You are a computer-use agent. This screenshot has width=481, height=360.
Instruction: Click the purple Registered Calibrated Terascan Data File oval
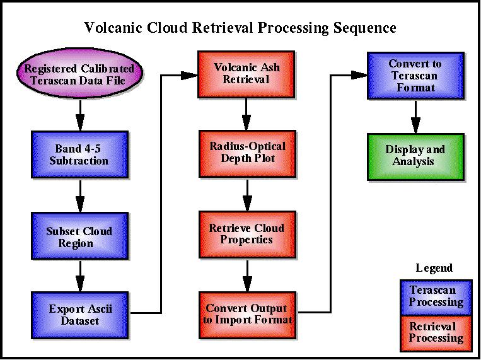(80, 74)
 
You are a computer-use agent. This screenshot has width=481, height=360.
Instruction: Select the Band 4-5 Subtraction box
(80, 154)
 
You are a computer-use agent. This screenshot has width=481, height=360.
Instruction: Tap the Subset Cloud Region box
(80, 236)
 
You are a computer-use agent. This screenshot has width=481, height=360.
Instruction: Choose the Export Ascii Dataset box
(80, 315)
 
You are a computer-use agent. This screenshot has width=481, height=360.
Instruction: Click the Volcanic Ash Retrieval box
(246, 74)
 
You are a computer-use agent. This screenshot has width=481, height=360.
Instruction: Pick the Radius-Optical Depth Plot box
(247, 154)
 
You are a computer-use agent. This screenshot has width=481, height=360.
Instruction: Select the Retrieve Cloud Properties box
(247, 235)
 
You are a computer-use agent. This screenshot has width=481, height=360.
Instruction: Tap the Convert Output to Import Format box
(247, 315)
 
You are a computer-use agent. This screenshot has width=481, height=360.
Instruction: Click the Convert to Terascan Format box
(415, 76)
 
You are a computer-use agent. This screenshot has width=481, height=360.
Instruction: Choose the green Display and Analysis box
(415, 157)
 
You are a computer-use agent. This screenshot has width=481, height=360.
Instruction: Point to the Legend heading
(434, 268)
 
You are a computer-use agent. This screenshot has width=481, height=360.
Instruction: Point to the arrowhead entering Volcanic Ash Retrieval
(189, 75)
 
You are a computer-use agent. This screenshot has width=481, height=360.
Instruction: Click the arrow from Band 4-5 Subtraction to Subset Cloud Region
(80, 196)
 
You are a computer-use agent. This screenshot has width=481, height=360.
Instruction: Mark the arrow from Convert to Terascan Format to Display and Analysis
(415, 117)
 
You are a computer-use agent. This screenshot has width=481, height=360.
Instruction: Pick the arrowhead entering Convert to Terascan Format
(359, 75)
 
